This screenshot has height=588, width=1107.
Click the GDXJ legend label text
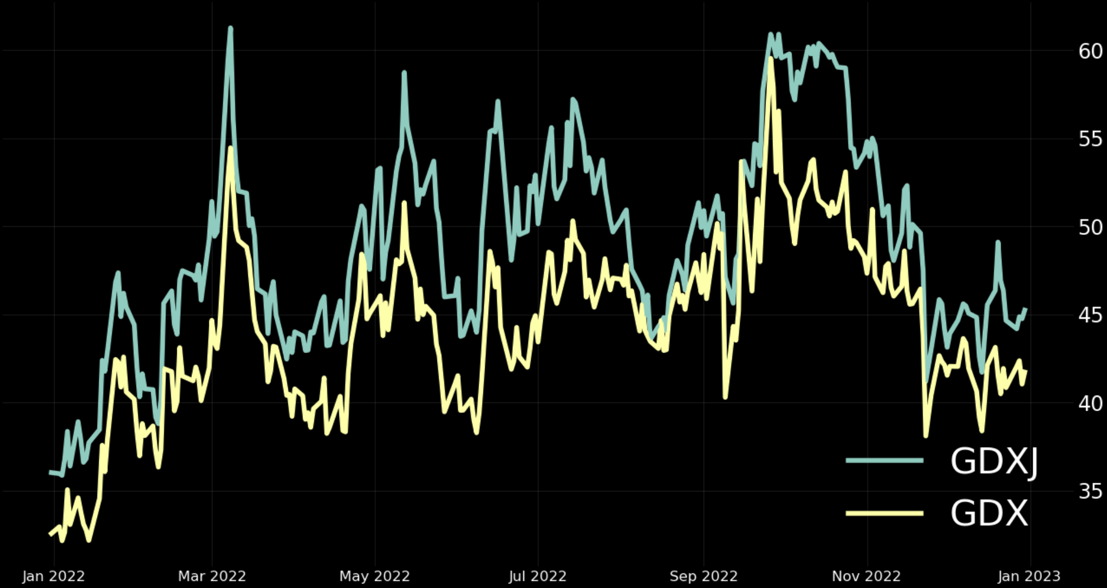point(994,462)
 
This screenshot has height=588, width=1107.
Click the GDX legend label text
point(989,513)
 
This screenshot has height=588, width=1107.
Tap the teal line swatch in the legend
point(884,461)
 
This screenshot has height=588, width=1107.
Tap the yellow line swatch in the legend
point(884,513)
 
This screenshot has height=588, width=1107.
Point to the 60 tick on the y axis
point(1090,52)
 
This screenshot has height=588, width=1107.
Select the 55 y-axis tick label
point(1090,139)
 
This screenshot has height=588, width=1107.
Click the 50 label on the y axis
point(1090,227)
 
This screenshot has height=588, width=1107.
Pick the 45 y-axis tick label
point(1090,315)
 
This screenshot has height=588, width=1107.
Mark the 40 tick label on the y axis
point(1090,403)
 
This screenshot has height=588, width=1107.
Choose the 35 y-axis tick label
point(1090,491)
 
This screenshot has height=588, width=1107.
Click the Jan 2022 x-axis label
point(54,576)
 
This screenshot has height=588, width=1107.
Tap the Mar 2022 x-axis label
point(212,576)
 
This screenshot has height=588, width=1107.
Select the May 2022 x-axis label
point(375,576)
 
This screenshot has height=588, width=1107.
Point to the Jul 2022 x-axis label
point(538,576)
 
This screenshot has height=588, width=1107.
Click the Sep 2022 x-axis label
point(704,576)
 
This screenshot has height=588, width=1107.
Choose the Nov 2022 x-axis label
point(866,576)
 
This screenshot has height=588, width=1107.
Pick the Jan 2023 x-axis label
point(1029,576)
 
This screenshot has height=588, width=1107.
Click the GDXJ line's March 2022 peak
point(230,28)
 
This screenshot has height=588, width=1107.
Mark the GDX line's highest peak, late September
point(771,58)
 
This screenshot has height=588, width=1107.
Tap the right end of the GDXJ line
point(1025,309)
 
